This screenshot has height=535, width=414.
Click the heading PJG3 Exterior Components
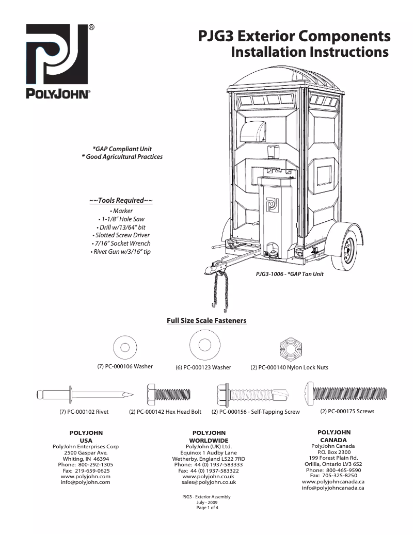click(x=294, y=36)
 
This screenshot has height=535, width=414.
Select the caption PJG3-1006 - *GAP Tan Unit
click(x=290, y=274)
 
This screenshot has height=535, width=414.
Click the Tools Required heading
click(x=121, y=200)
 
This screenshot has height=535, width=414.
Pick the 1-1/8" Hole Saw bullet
click(x=122, y=219)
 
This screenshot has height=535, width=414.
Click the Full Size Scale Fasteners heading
click(x=206, y=321)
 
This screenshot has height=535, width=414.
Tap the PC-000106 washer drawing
click(x=125, y=347)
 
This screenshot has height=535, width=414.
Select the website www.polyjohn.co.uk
click(x=209, y=476)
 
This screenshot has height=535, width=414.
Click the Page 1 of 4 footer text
click(x=206, y=508)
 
